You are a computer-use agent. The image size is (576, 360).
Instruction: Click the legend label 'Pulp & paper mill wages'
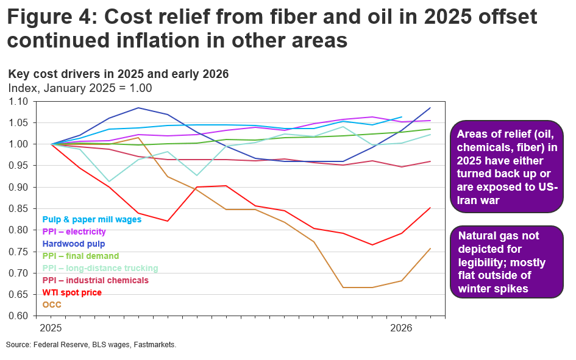[x=91, y=219]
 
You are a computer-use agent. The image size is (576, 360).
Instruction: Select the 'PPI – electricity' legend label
[x=74, y=231]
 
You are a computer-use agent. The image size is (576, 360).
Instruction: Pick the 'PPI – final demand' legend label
[x=80, y=256]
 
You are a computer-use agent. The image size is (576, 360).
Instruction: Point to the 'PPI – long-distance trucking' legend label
[x=100, y=268]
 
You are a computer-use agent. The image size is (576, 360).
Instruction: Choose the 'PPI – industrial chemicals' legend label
[x=96, y=280]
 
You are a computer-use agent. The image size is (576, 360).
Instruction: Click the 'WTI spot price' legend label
[x=72, y=292]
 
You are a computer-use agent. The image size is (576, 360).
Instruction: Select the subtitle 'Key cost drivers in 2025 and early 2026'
[x=118, y=74]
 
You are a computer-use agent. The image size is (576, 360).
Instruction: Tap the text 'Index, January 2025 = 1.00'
[x=80, y=88]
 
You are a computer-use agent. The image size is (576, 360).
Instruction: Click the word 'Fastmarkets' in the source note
[x=157, y=345]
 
